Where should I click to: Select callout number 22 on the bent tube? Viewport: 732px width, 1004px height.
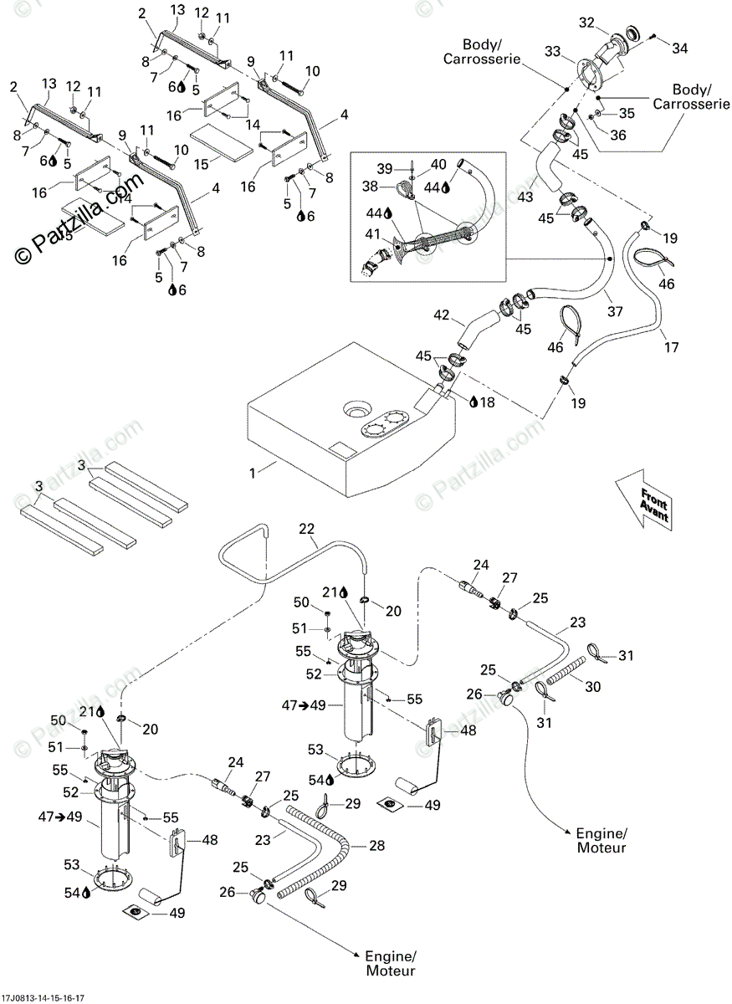307,529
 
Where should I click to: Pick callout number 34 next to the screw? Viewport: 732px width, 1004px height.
679,49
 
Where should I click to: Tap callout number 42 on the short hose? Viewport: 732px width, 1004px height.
442,316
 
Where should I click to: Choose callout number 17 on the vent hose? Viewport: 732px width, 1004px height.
672,346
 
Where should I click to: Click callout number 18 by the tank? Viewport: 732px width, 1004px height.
487,402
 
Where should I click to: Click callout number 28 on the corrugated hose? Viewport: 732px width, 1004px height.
376,846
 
